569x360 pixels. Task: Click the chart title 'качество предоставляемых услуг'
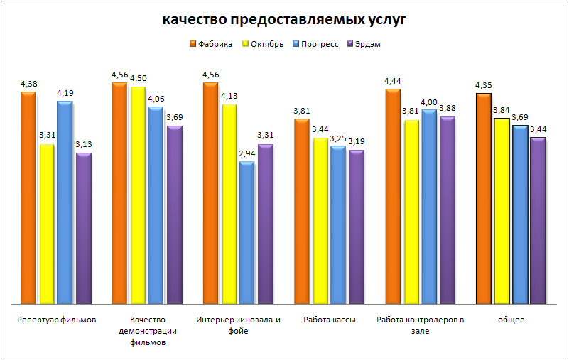coord(284,20)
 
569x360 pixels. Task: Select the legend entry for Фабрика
coord(215,44)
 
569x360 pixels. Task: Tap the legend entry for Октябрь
coord(266,44)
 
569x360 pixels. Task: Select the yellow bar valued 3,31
coord(47,224)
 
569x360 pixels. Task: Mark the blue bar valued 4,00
coord(429,207)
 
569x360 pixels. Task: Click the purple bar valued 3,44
coord(538,221)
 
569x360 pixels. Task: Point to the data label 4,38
coord(29,84)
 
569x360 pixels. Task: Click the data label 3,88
coord(448,108)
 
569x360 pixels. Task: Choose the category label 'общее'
coord(511,320)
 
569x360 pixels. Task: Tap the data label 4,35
coord(484,86)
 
